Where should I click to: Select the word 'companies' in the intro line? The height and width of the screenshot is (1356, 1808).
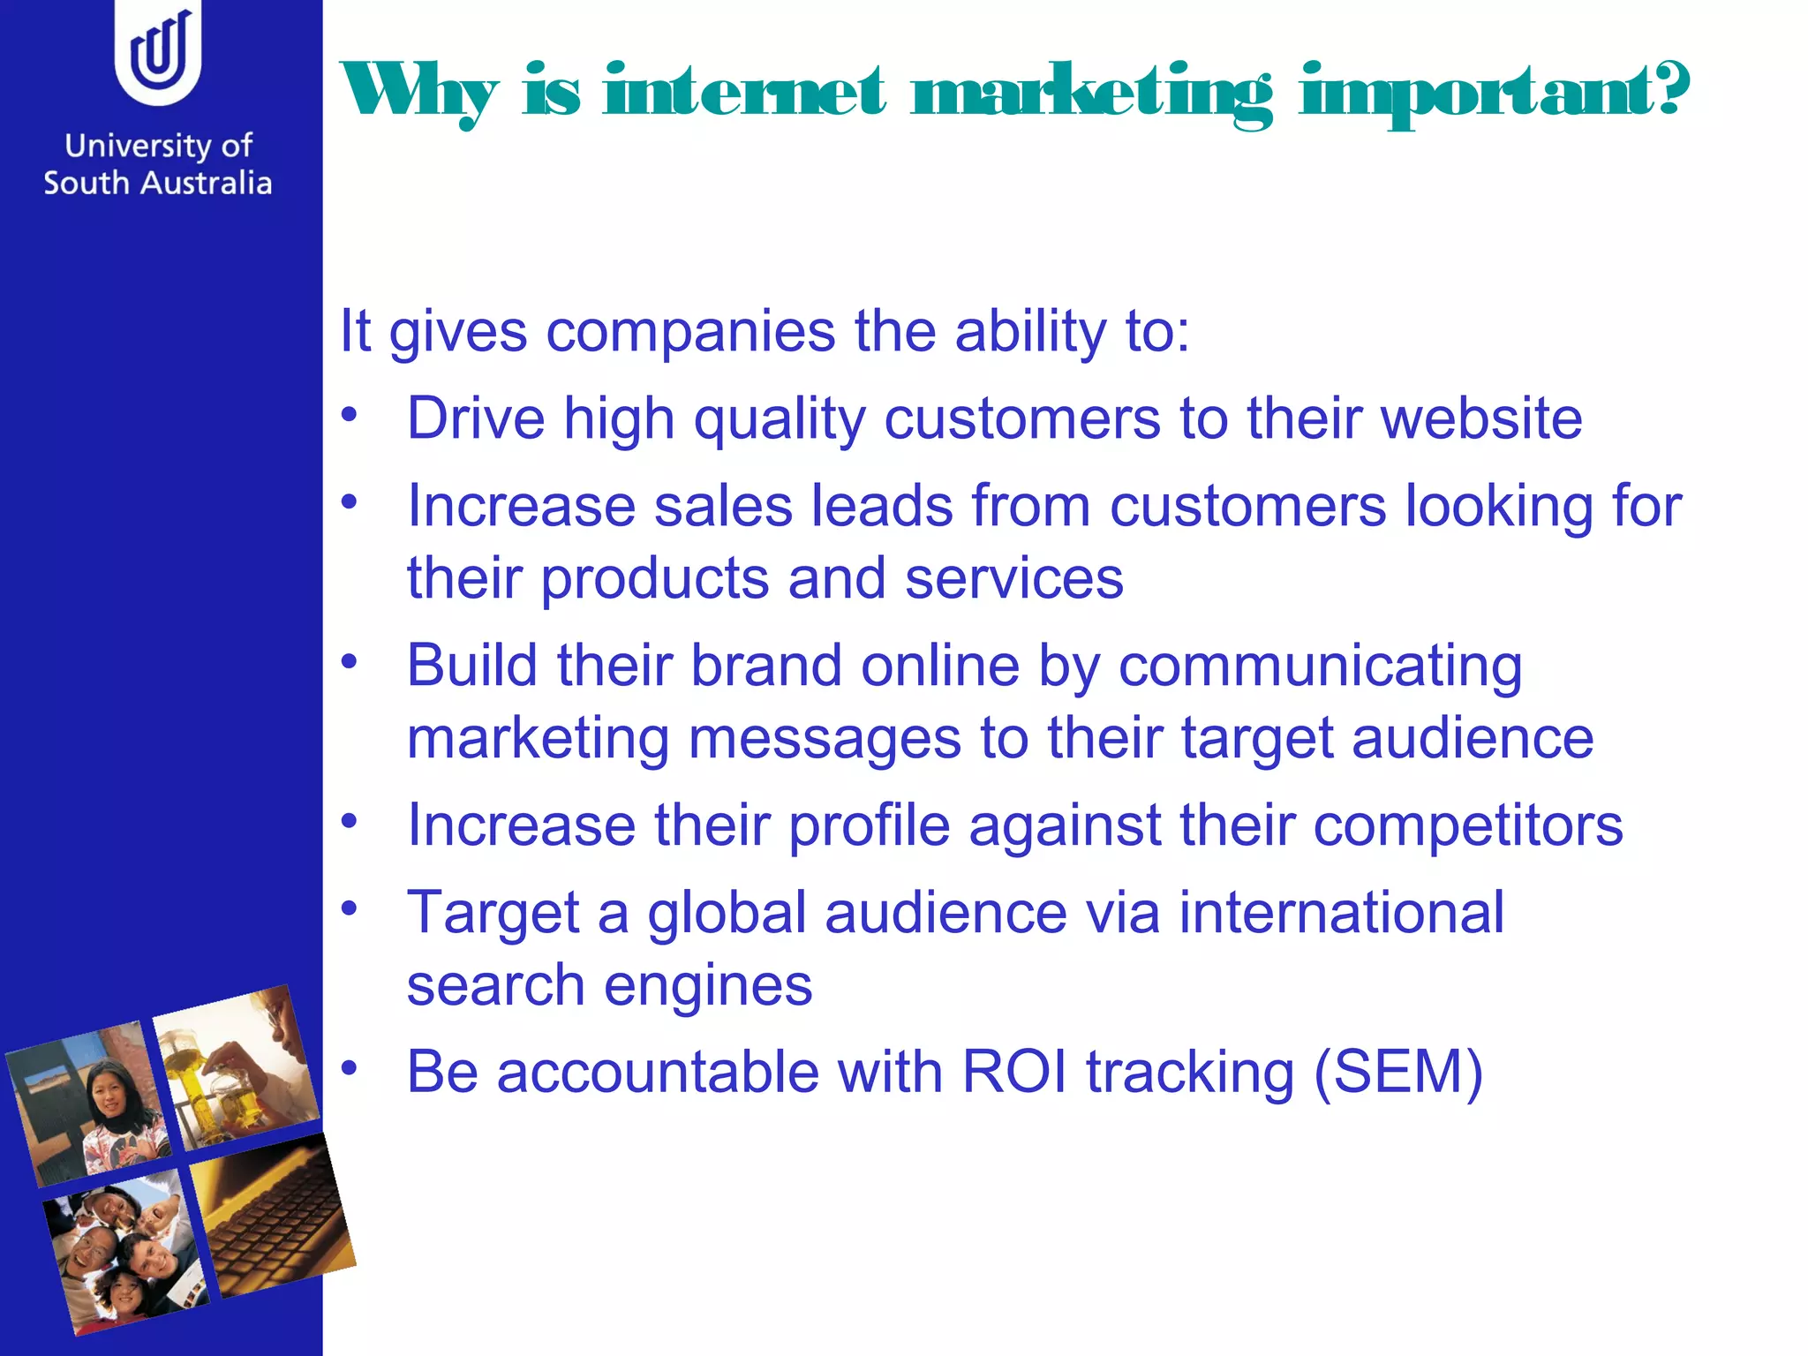click(690, 332)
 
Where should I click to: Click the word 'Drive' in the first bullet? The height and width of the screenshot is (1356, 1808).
click(476, 418)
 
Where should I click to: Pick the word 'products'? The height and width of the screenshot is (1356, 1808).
click(655, 579)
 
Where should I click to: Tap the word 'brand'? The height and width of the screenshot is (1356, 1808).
click(765, 665)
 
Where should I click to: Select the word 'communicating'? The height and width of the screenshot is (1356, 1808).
click(1320, 667)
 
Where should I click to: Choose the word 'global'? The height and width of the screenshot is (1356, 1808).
click(727, 913)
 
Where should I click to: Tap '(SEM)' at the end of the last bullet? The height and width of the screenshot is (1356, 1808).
click(1397, 1073)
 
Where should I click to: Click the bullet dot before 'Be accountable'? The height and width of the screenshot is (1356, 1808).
click(350, 1067)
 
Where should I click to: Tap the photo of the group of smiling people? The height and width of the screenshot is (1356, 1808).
click(125, 1251)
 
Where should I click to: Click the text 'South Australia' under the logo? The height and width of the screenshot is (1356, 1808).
click(158, 184)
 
